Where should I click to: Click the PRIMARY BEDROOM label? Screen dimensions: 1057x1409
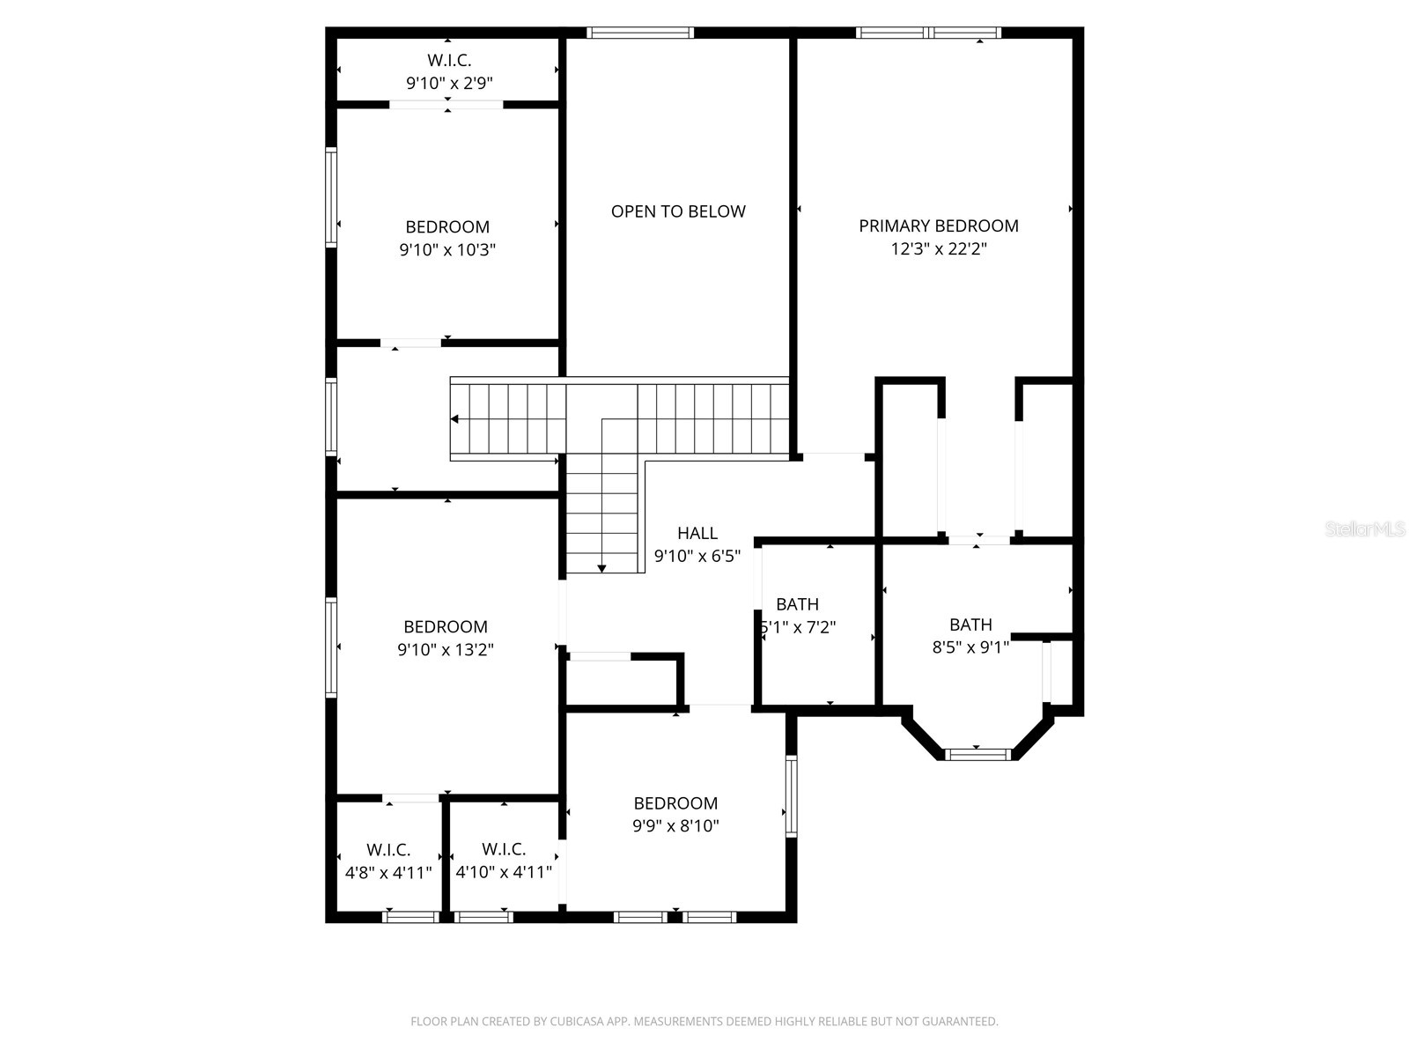[x=939, y=226]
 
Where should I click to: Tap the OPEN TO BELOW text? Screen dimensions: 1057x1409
[x=678, y=211]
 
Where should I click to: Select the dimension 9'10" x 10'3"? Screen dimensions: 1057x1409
[x=447, y=250]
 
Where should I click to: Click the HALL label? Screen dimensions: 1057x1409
[x=697, y=533]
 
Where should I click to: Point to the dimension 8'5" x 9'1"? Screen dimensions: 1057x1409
[x=970, y=647]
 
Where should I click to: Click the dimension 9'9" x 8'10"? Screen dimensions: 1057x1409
[x=675, y=826]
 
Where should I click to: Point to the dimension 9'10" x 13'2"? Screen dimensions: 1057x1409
[x=446, y=650]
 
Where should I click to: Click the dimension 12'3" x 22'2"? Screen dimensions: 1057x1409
[x=939, y=249]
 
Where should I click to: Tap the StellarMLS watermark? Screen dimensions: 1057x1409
[x=1366, y=529]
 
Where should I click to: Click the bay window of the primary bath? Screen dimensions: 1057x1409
[x=977, y=754]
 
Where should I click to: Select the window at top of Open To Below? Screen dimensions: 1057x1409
[x=640, y=33]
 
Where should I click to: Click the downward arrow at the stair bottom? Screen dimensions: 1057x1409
[x=601, y=568]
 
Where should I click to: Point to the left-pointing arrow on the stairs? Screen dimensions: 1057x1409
[x=455, y=419]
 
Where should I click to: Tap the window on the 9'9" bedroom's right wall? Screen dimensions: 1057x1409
[x=791, y=795]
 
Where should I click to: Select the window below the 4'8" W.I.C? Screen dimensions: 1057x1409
[x=411, y=917]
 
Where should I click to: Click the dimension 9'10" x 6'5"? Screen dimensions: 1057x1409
[x=697, y=557]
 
